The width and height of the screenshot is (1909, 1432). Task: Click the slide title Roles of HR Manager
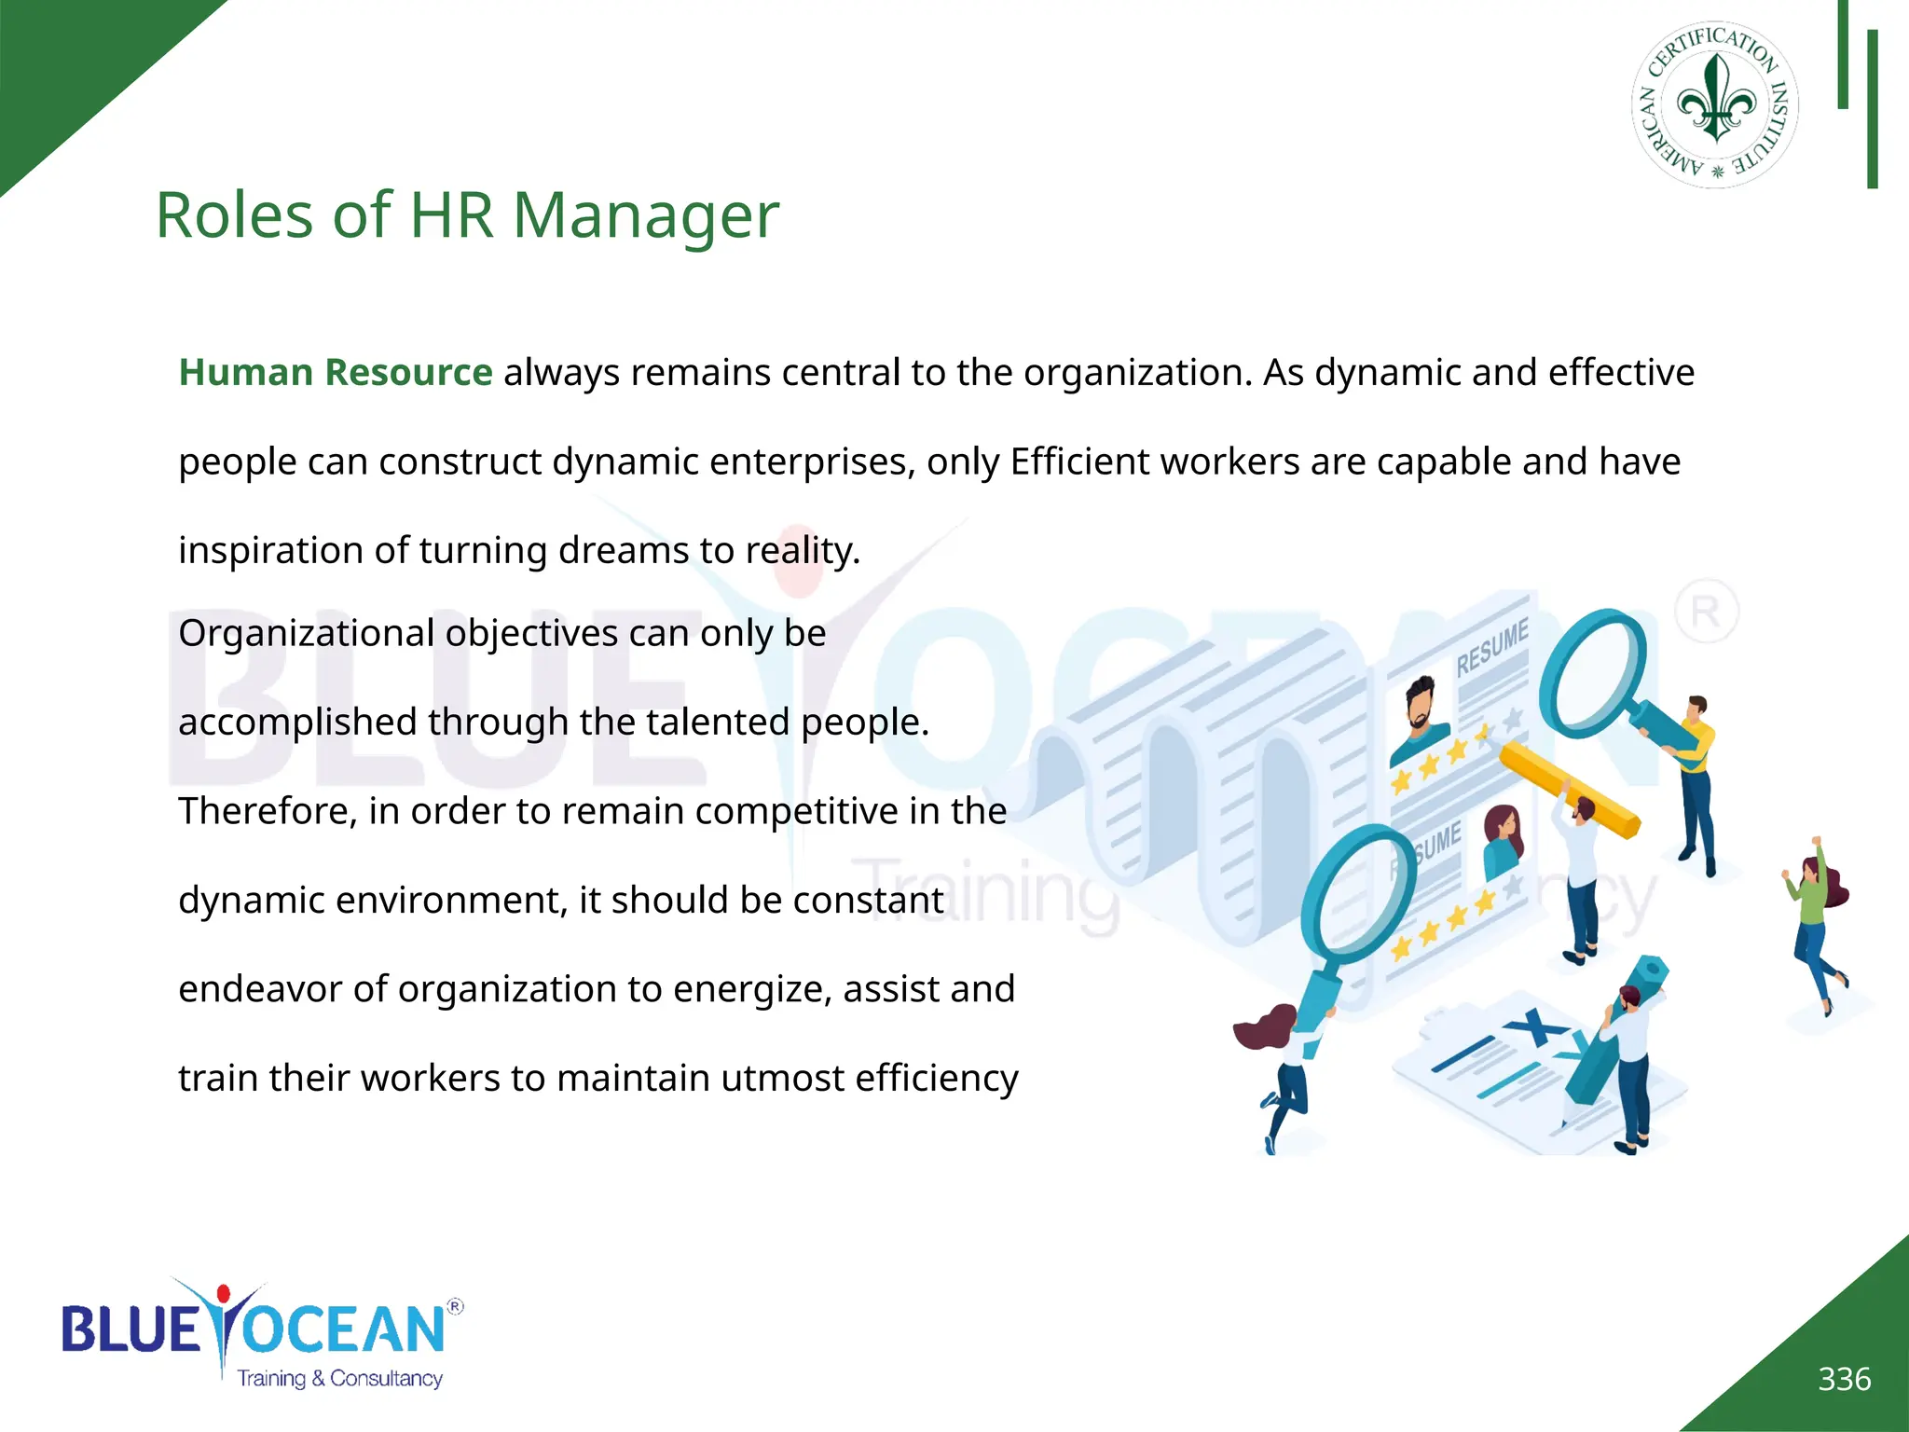pyautogui.click(x=466, y=215)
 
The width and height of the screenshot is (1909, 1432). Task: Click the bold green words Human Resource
pyautogui.click(x=336, y=372)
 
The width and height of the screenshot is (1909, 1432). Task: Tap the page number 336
pyautogui.click(x=1844, y=1379)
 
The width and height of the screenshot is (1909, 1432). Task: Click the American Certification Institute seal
pyautogui.click(x=1715, y=105)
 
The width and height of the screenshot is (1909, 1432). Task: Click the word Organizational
pyautogui.click(x=306, y=633)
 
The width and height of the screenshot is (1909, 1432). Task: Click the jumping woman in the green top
pyautogui.click(x=1815, y=923)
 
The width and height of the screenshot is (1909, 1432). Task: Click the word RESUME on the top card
pyautogui.click(x=1492, y=645)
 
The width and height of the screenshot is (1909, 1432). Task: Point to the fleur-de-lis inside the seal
pyautogui.click(x=1715, y=101)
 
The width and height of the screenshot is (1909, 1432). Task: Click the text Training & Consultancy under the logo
pyautogui.click(x=339, y=1378)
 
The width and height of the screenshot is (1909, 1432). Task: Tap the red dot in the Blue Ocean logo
pyautogui.click(x=223, y=1294)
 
